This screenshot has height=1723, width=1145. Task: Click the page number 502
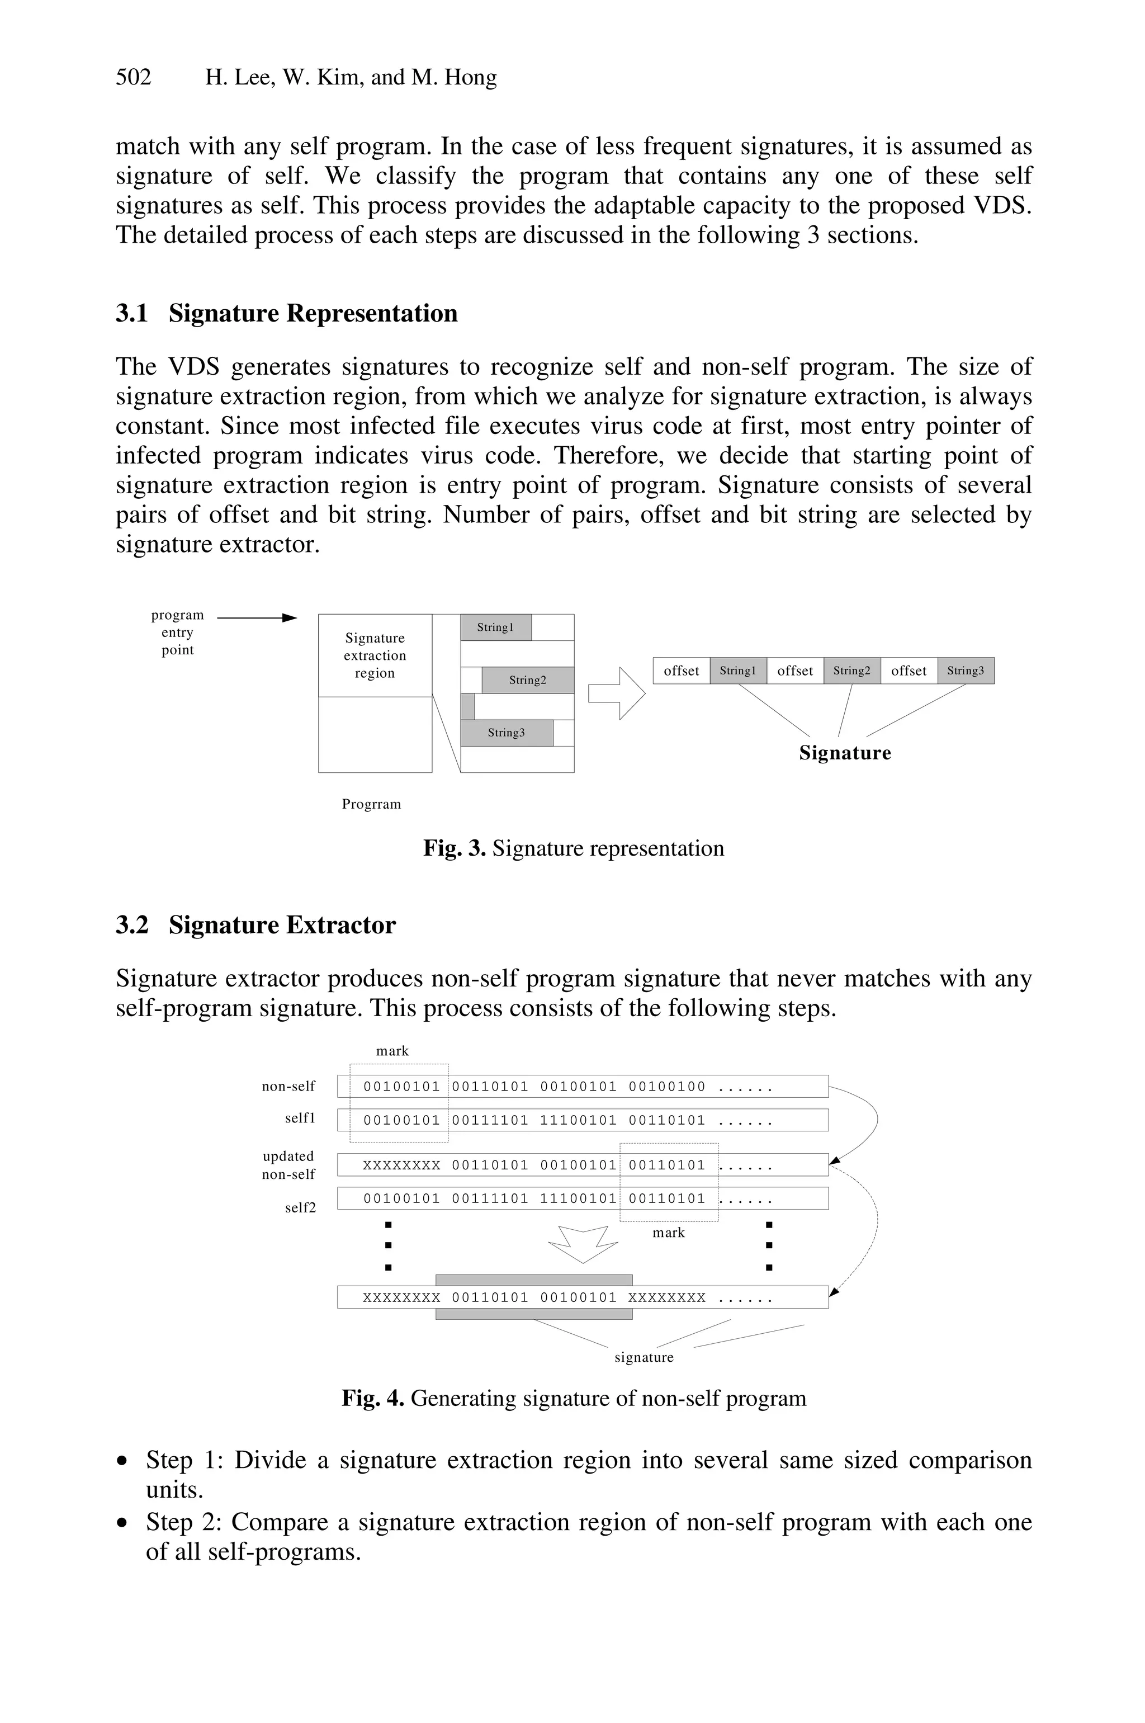[x=134, y=77]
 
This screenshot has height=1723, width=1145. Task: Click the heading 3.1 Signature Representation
[x=286, y=313]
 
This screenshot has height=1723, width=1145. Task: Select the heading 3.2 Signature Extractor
[x=256, y=926]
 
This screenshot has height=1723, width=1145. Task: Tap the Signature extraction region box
[x=375, y=656]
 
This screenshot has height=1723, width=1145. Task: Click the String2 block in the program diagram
[x=527, y=680]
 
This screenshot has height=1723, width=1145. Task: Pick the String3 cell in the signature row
[x=966, y=671]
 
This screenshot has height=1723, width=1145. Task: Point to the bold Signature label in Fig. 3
[x=845, y=753]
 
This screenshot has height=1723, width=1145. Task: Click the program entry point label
[x=177, y=632]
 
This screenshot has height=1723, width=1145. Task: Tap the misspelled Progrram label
[x=371, y=804]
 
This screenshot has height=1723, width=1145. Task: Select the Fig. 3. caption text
[x=573, y=849]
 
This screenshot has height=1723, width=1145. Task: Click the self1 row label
[x=300, y=1118]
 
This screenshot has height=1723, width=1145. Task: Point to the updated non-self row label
[x=288, y=1165]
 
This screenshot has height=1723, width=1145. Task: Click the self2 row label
[x=300, y=1207]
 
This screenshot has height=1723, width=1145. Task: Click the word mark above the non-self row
[x=392, y=1051]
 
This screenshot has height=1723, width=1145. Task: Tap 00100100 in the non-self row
[x=666, y=1087]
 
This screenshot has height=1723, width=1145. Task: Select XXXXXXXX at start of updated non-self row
[x=401, y=1165]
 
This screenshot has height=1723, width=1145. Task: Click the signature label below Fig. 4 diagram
[x=644, y=1357]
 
